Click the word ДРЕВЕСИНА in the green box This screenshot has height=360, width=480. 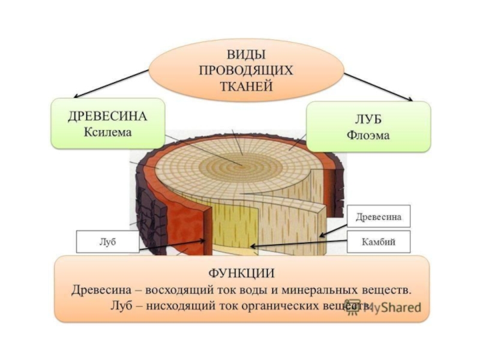[108, 116]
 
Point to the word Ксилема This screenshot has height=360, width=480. [108, 132]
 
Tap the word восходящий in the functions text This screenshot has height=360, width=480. [180, 289]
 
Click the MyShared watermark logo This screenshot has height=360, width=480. [384, 307]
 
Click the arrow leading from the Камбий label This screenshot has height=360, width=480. [300, 244]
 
